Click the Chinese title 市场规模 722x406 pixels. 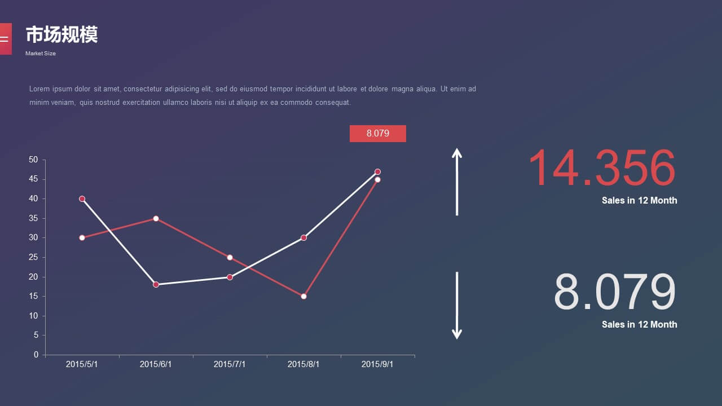[x=61, y=34]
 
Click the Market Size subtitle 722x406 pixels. [x=41, y=54]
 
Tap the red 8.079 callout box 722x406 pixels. [x=378, y=134]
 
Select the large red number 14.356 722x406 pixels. [x=602, y=167]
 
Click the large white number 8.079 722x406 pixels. [x=615, y=292]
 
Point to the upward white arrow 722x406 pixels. [x=457, y=182]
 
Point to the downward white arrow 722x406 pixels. [x=457, y=306]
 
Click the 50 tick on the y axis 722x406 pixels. [x=33, y=160]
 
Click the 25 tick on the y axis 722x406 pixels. [x=33, y=257]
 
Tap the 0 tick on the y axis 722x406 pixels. [x=36, y=355]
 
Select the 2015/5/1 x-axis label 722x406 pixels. [x=82, y=364]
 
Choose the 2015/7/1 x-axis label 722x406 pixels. [x=230, y=364]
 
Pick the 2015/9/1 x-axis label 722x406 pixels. [x=377, y=364]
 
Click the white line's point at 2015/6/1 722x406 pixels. [x=156, y=285]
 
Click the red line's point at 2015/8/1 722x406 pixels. [x=303, y=297]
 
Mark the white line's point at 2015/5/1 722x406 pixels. [x=82, y=199]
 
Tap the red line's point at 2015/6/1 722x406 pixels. [x=156, y=218]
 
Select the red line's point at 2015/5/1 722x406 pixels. [x=82, y=238]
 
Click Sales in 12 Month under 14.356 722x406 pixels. [x=640, y=200]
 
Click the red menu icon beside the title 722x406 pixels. [x=6, y=39]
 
